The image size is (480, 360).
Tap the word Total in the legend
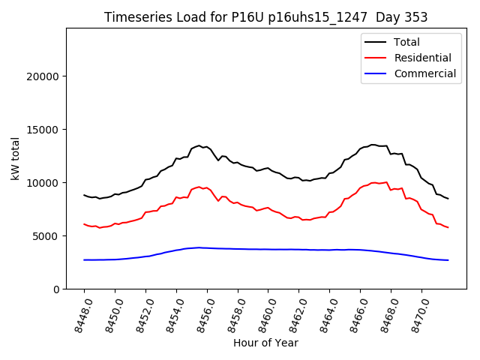point(406,42)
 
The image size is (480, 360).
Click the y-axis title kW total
point(16,157)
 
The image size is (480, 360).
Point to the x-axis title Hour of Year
point(265,343)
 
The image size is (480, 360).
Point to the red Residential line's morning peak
point(199,187)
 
